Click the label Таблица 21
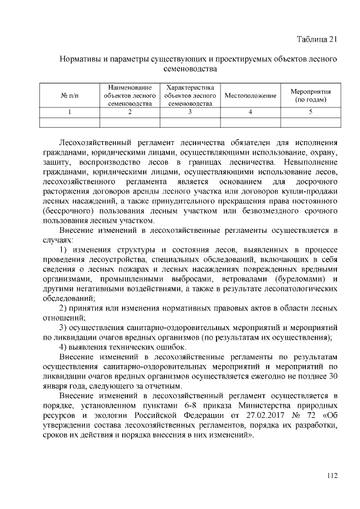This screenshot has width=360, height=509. (317, 39)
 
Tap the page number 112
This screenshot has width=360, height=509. (332, 476)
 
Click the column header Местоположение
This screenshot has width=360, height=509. (250, 96)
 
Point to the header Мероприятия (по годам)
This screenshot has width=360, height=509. (310, 96)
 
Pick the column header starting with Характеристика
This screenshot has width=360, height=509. (190, 96)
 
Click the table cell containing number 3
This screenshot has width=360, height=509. (190, 112)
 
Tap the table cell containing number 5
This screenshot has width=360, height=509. (310, 112)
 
